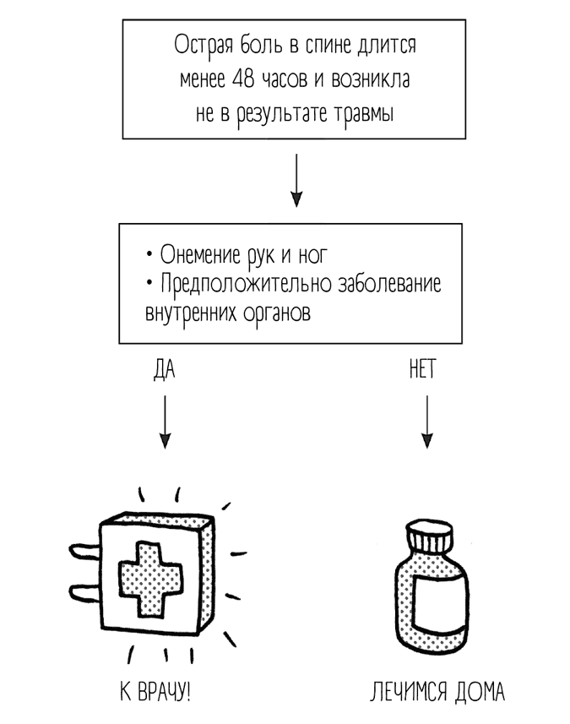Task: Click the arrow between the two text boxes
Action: click(x=296, y=179)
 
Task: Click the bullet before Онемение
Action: click(x=149, y=254)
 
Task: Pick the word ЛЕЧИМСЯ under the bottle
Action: click(x=406, y=694)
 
